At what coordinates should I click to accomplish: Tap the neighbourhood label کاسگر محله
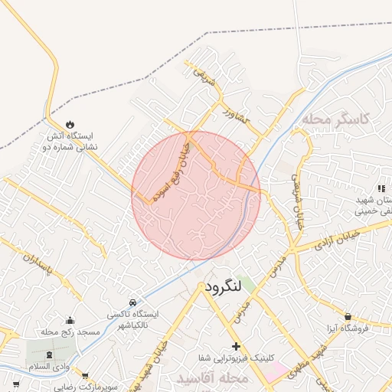[x=335, y=119]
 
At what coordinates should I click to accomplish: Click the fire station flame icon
[x=70, y=124]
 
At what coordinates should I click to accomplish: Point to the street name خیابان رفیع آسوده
[x=171, y=170]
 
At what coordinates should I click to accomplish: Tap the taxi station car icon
[x=133, y=302]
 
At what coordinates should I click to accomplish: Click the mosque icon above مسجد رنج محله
[x=70, y=320]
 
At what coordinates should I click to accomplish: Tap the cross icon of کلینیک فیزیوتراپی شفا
[x=236, y=346]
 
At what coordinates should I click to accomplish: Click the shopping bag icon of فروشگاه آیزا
[x=348, y=316]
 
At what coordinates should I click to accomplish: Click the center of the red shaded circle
[x=196, y=195]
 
